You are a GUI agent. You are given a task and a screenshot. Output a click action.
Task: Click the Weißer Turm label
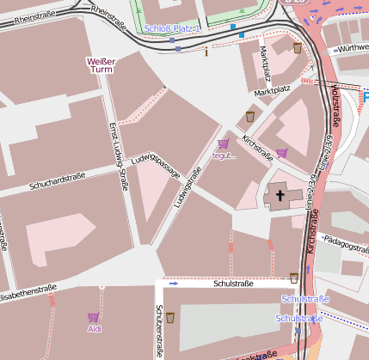click(x=101, y=65)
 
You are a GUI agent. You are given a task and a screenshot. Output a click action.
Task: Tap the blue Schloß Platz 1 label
click(x=173, y=29)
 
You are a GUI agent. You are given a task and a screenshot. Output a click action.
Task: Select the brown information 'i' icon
click(x=206, y=52)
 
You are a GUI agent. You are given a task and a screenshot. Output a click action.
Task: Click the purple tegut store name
click(x=224, y=156)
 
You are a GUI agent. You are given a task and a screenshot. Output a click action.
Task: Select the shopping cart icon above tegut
click(x=224, y=144)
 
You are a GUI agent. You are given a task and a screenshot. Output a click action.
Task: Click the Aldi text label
click(x=95, y=328)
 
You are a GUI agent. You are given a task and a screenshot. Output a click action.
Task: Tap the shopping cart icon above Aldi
click(x=93, y=317)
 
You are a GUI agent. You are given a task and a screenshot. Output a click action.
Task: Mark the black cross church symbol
click(x=280, y=197)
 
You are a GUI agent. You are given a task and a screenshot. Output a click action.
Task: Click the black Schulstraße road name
click(x=233, y=283)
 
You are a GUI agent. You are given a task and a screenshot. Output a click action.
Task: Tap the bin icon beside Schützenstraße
click(x=170, y=317)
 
